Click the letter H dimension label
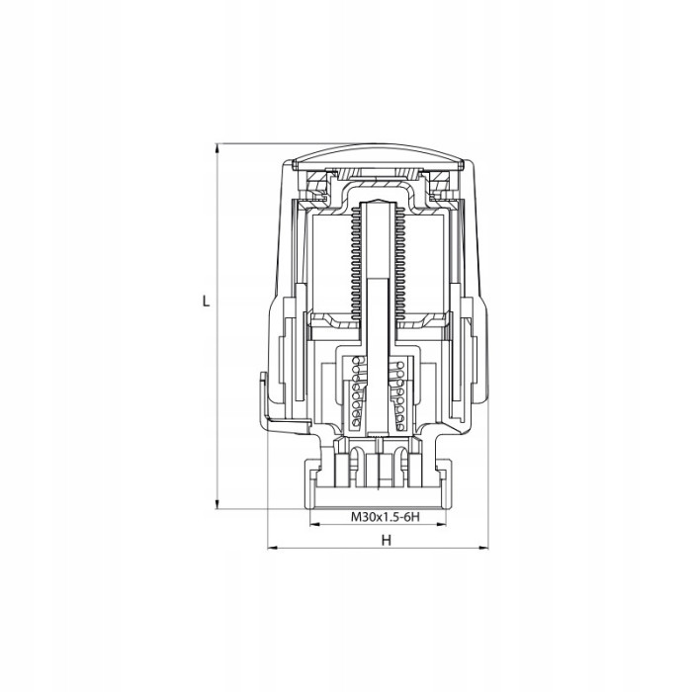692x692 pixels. (387, 541)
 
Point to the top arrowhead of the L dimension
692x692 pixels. (216, 149)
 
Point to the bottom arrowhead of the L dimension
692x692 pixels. (216, 505)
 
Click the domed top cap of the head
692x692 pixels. (379, 155)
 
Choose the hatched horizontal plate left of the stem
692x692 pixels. (331, 320)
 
